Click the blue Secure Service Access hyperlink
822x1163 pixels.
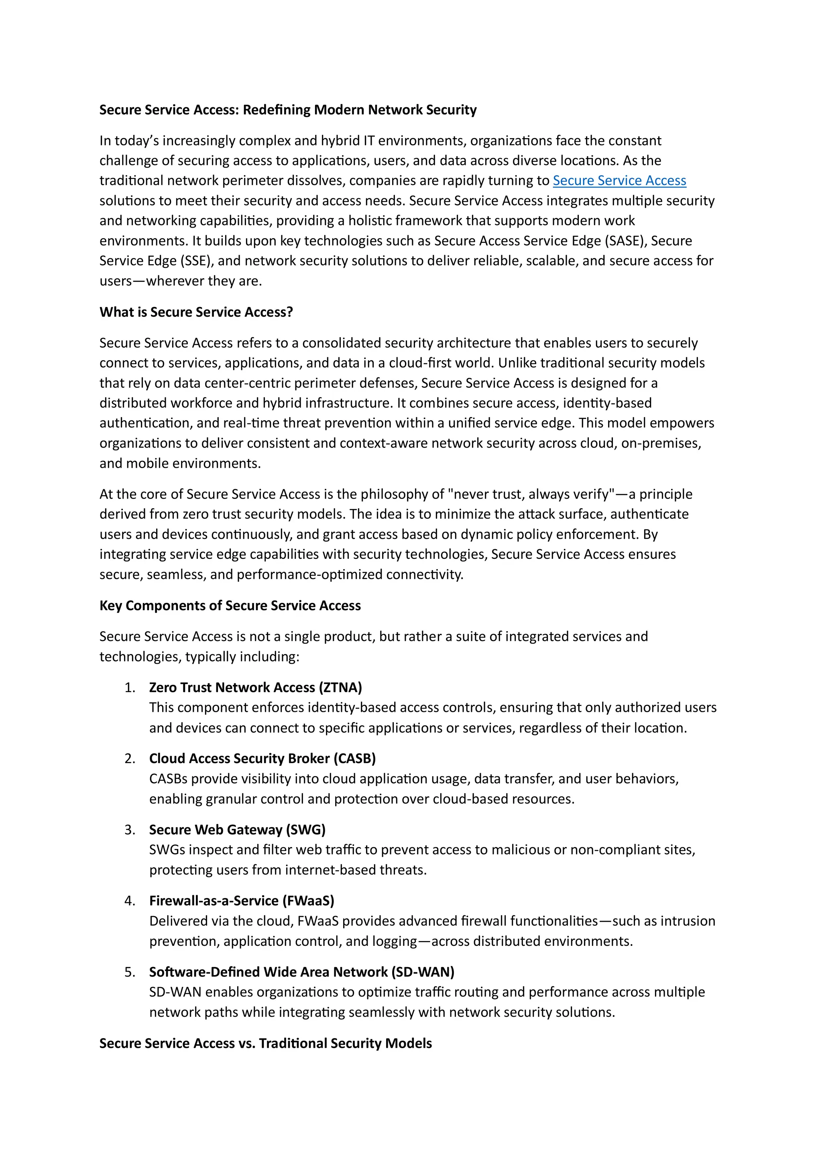619,180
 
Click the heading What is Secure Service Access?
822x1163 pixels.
196,312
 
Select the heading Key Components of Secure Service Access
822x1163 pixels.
230,605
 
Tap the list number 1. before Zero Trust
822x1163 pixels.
130,687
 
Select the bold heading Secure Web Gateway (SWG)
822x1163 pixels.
237,830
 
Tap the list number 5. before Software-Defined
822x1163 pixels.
130,972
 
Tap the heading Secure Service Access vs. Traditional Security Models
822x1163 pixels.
265,1043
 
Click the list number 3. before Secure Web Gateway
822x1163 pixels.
130,830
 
